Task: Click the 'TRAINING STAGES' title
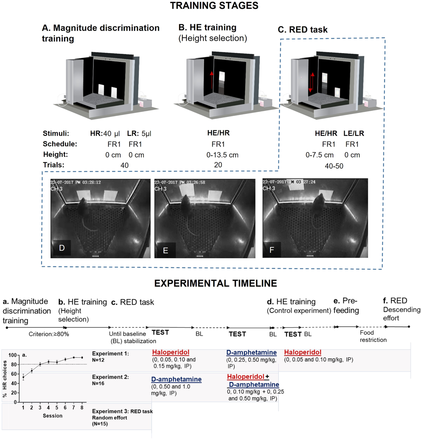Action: click(x=214, y=6)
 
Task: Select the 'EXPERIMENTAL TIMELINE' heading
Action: click(x=215, y=283)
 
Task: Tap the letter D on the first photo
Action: click(x=62, y=248)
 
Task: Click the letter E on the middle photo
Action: click(x=166, y=250)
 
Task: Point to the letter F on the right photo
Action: click(x=272, y=250)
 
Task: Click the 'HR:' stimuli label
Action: click(x=96, y=134)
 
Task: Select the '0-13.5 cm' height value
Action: click(x=222, y=155)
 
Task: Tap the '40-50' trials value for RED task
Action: click(x=334, y=166)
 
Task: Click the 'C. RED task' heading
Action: click(x=302, y=30)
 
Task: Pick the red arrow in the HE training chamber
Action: click(x=212, y=84)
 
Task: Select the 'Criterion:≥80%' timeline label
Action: click(x=49, y=334)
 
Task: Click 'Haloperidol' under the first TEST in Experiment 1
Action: click(x=171, y=352)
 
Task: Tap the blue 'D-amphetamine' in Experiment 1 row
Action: click(x=251, y=352)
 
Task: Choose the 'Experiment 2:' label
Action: click(x=111, y=377)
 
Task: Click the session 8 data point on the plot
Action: click(x=82, y=358)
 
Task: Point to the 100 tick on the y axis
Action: click(x=12, y=355)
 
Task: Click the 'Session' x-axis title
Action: click(x=53, y=416)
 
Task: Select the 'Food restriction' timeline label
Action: click(x=373, y=336)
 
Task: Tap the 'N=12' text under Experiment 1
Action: click(x=98, y=360)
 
